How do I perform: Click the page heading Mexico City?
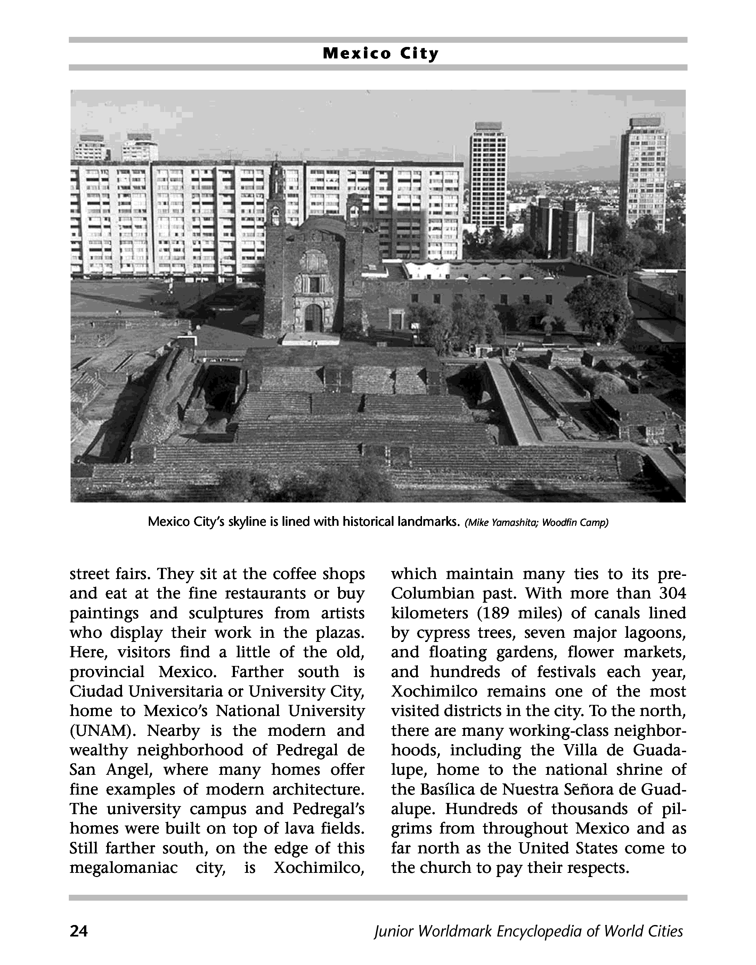tap(380, 54)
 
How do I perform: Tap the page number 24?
tap(79, 931)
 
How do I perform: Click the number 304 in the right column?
tap(672, 594)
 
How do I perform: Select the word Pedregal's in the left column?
tap(328, 809)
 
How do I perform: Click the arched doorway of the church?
tap(313, 317)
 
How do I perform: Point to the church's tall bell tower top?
tap(277, 170)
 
